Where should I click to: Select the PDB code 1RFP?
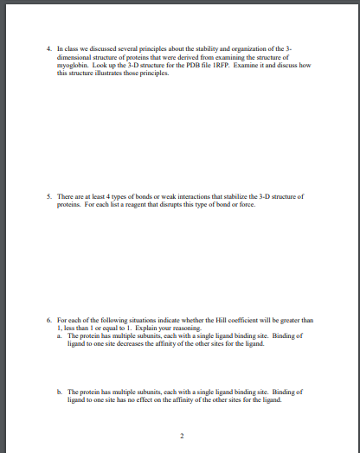point(220,64)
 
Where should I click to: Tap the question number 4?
point(48,49)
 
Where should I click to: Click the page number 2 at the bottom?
point(180,434)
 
